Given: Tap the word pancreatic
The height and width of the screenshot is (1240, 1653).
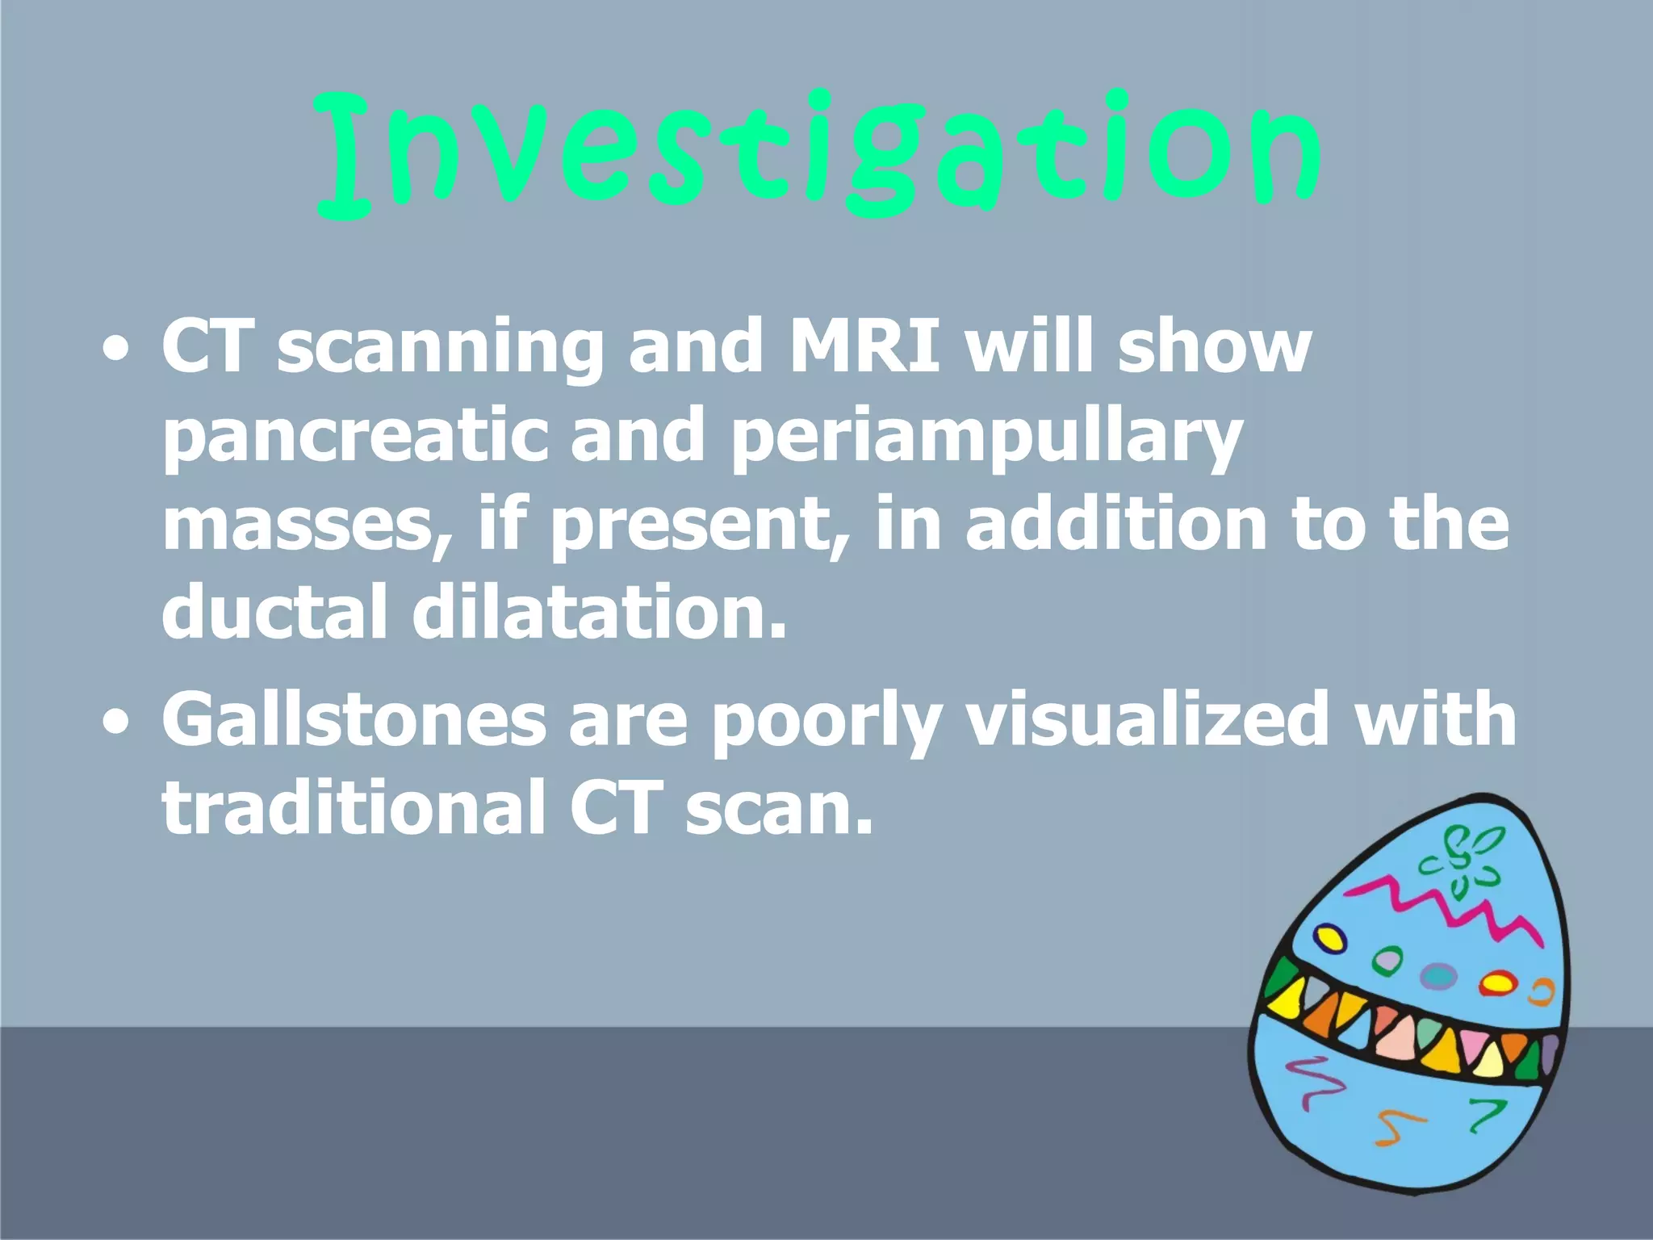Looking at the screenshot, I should click(x=355, y=437).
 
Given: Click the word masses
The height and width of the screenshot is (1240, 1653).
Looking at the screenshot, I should click(x=307, y=525).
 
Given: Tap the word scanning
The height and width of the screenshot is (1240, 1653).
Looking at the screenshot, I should click(x=441, y=347).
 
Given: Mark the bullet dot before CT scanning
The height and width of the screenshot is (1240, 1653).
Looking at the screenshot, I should click(x=116, y=350).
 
